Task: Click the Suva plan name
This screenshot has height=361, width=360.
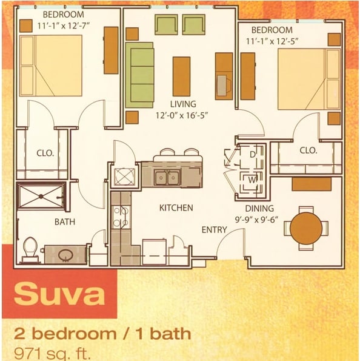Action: pos(59,294)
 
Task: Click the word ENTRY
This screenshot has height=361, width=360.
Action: pos(214,230)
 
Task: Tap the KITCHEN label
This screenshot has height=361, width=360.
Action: pos(176,208)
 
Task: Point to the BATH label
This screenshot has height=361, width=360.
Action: pos(65,222)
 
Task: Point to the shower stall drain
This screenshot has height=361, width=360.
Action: pos(40,196)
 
